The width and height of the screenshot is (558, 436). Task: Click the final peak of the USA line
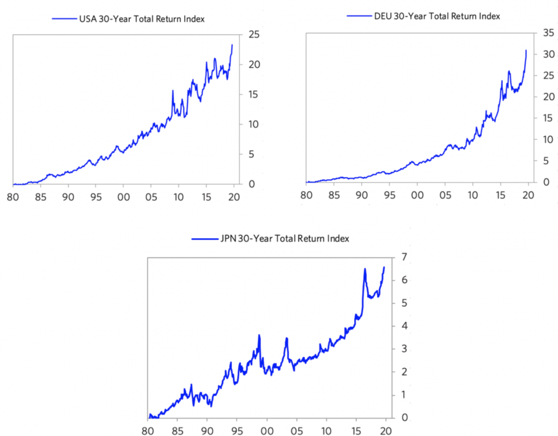point(232,45)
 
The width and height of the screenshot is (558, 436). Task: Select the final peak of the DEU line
point(526,50)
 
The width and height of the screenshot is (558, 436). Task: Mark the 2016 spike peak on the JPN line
point(365,269)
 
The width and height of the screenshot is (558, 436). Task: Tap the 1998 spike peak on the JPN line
point(259,335)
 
